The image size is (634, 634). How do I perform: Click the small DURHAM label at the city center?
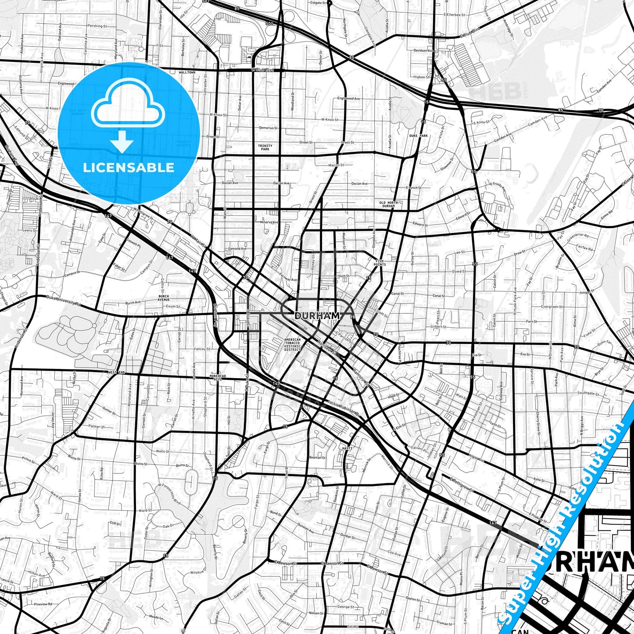pyautogui.click(x=317, y=315)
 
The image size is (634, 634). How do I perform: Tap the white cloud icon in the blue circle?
pyautogui.click(x=128, y=107)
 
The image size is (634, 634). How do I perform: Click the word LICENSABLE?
pyautogui.click(x=129, y=167)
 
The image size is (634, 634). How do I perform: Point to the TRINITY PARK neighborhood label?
pyautogui.click(x=265, y=147)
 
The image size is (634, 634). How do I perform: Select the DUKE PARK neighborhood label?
pyautogui.click(x=418, y=136)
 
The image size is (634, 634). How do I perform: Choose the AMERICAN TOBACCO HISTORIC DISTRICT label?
pyautogui.click(x=293, y=344)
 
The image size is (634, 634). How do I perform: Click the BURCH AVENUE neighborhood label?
pyautogui.click(x=164, y=298)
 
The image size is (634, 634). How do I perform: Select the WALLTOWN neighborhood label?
pyautogui.click(x=187, y=72)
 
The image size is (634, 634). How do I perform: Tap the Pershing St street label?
pyautogui.click(x=97, y=26)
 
